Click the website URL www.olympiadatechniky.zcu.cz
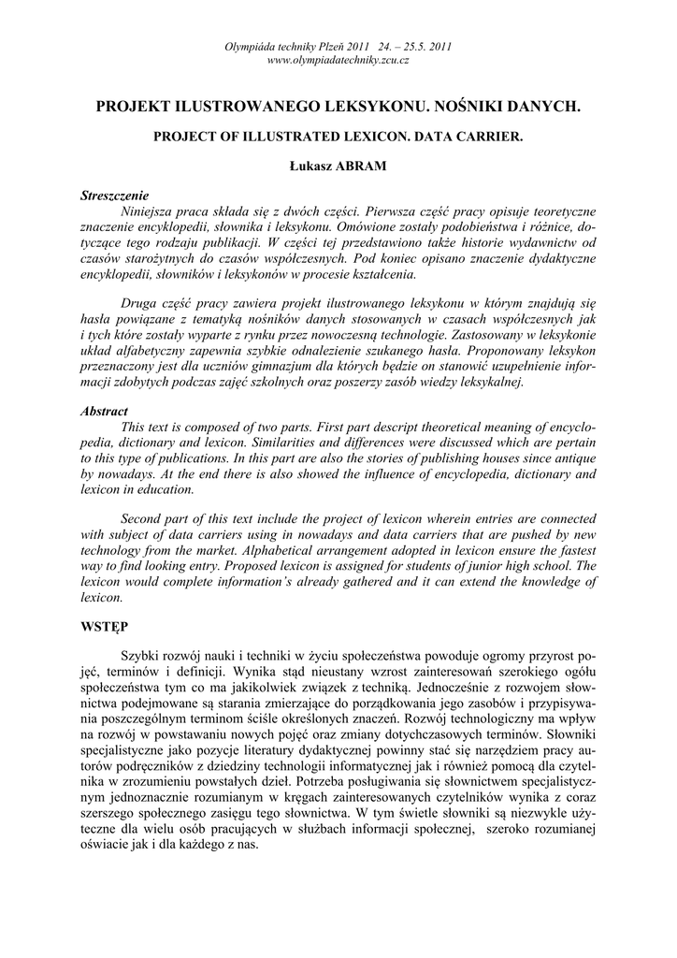(338, 60)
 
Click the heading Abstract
(104, 411)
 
